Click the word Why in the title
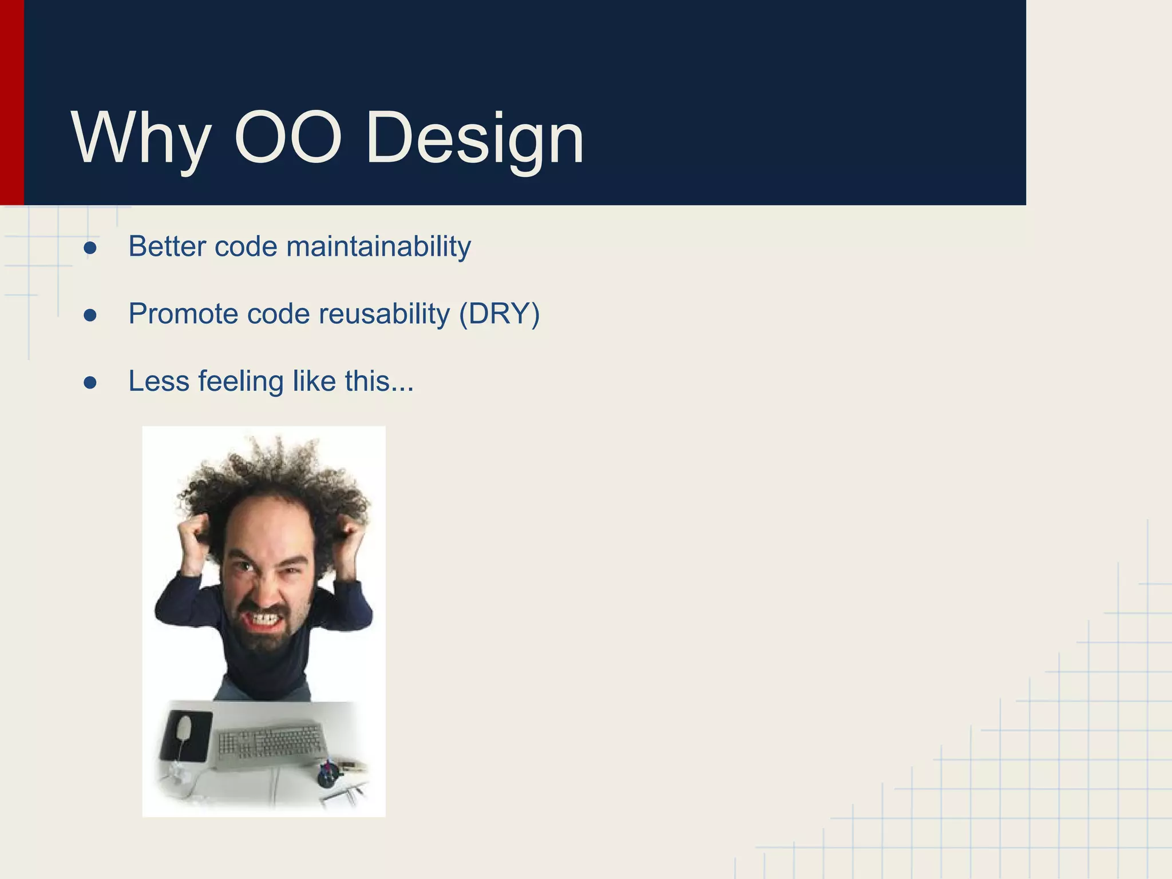[140, 139]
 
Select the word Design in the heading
[474, 139]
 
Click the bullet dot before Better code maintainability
[90, 248]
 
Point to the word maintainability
[378, 247]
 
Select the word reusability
[385, 314]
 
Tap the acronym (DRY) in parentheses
[499, 314]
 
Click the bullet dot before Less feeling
[90, 382]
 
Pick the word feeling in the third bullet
[241, 382]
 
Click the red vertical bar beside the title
[11, 103]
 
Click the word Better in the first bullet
[167, 247]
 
